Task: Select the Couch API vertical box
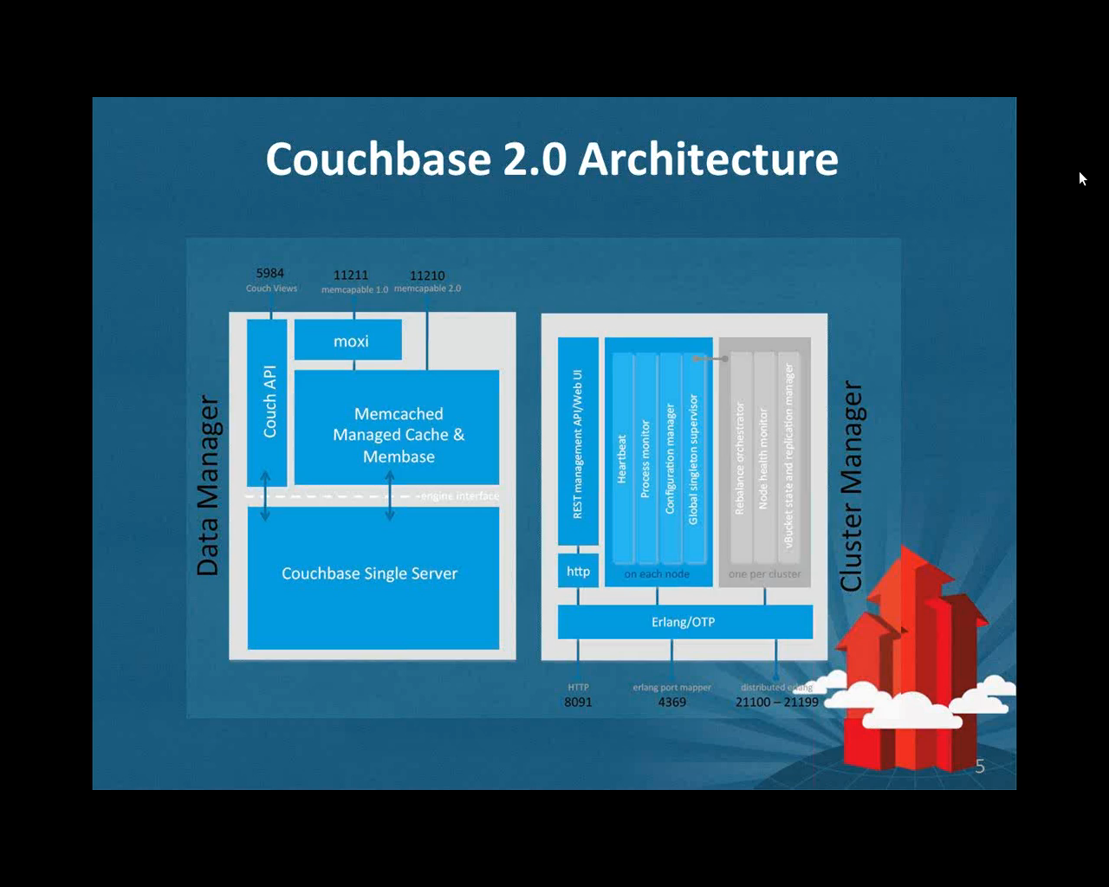[267, 402]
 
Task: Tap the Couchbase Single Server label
[369, 573]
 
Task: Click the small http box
[578, 572]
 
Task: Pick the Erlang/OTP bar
[684, 622]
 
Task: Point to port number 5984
[270, 274]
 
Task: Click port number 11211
[351, 275]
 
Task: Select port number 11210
[427, 275]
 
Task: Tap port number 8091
[578, 702]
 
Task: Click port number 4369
[671, 702]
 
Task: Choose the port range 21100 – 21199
[776, 702]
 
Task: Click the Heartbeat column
[622, 459]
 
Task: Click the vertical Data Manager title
[208, 486]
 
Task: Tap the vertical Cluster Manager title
[852, 486]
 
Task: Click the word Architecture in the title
[708, 159]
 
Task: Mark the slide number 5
[980, 766]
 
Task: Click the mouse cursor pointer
[1082, 178]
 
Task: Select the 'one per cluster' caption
[764, 573]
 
